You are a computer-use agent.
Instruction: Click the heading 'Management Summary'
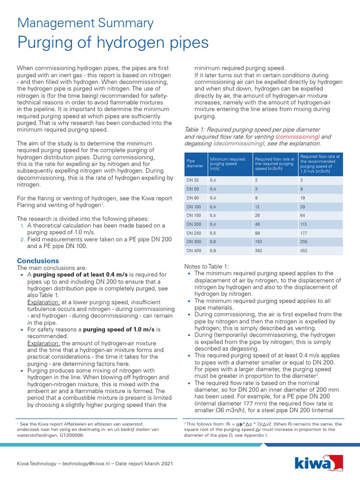coord(85,23)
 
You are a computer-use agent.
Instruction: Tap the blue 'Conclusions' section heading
coord(38,261)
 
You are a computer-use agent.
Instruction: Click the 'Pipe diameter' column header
coord(193,163)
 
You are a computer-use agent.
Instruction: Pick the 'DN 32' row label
coord(193,180)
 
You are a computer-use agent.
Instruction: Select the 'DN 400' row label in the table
coord(194,251)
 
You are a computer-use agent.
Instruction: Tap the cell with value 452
coord(304,251)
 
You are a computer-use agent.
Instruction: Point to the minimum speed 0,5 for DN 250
coord(213,233)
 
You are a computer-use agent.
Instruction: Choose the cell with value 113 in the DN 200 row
coord(304,224)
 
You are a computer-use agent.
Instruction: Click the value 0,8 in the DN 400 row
coord(213,251)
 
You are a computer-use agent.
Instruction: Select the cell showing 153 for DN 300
coord(258,242)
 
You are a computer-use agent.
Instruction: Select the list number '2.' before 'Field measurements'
coord(22,239)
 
